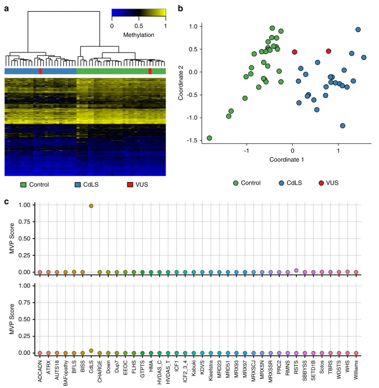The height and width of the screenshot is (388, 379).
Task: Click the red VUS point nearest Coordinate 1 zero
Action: (294, 52)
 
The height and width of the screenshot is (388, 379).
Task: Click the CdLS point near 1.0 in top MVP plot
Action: (91, 206)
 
